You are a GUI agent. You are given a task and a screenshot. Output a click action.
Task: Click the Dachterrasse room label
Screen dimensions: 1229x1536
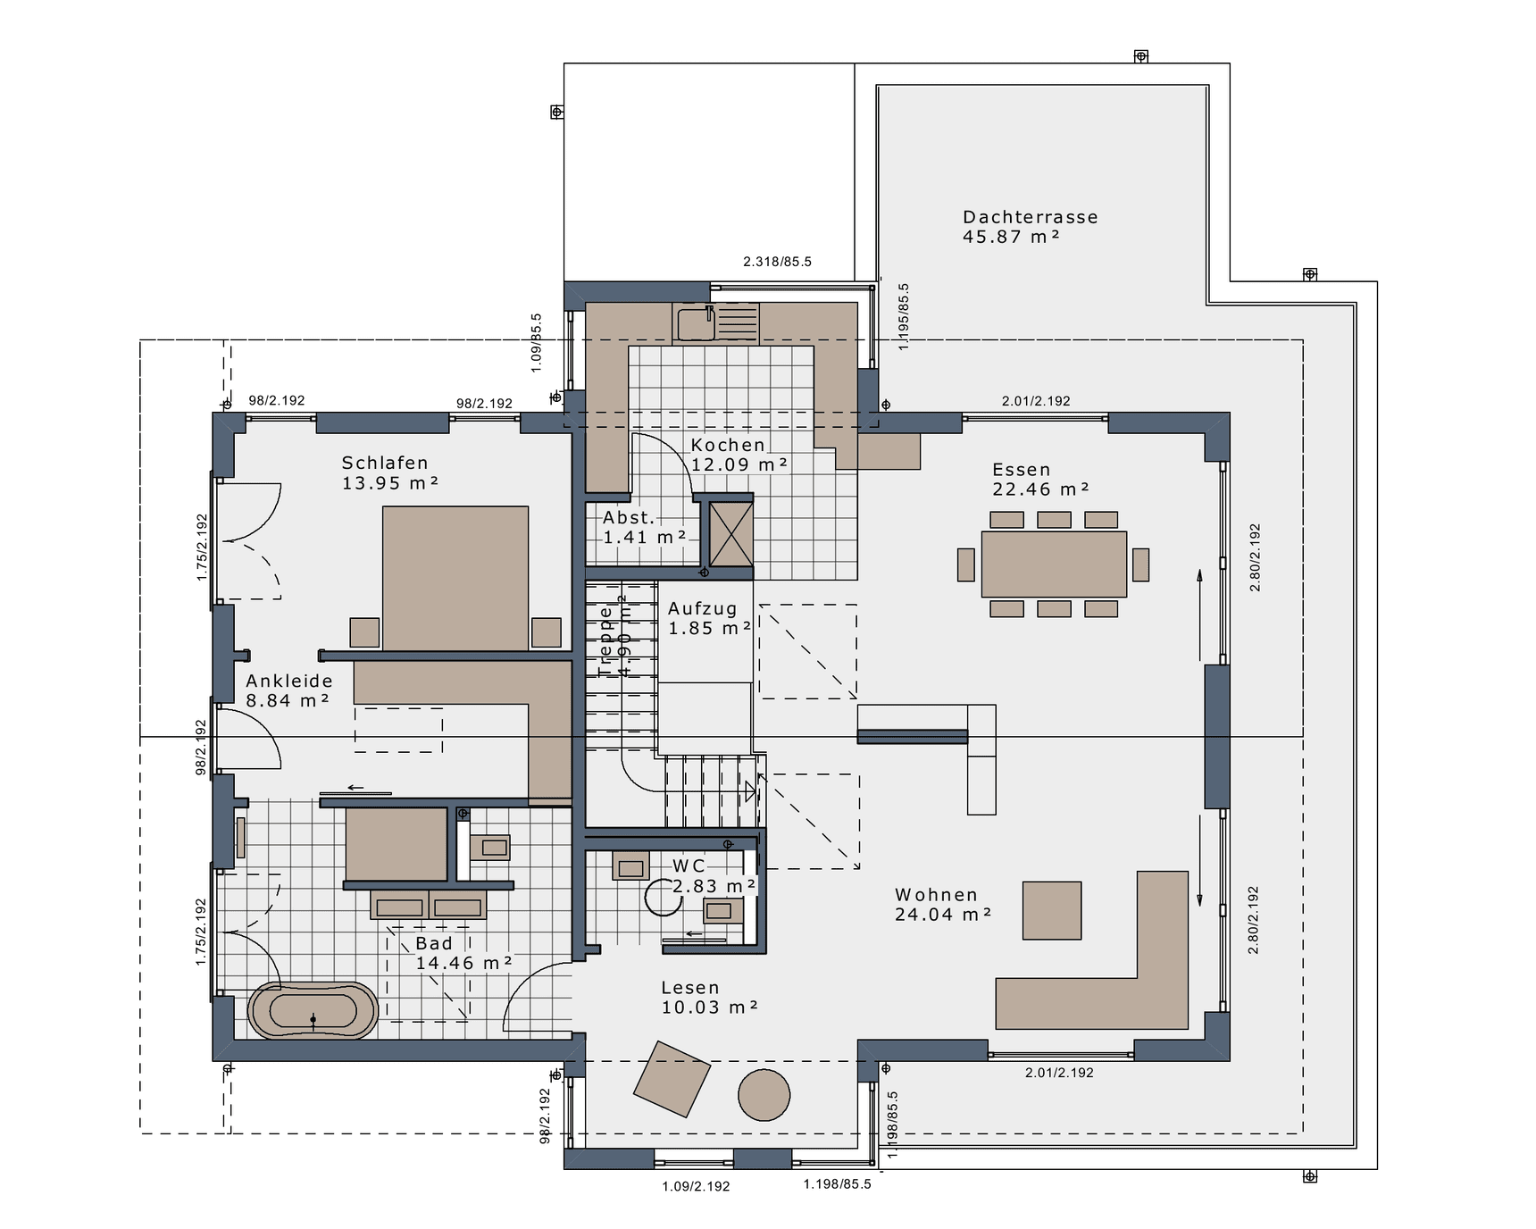(1030, 217)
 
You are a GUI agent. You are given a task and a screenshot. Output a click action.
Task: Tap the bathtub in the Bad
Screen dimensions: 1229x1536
(313, 1011)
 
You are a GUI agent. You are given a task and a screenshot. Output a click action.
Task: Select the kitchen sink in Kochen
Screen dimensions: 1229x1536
(696, 323)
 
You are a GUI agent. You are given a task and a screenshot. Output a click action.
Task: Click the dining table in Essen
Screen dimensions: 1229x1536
(1054, 564)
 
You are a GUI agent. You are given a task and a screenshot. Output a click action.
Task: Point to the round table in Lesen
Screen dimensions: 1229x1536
(764, 1094)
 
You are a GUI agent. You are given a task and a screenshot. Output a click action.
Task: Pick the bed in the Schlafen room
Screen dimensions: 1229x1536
(455, 578)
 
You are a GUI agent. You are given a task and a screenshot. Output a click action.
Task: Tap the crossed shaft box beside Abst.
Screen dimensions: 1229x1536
(731, 534)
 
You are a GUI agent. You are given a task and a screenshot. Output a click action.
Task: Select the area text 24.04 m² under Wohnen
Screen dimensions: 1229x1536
(943, 915)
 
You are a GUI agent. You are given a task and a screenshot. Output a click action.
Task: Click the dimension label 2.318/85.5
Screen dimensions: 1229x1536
(777, 262)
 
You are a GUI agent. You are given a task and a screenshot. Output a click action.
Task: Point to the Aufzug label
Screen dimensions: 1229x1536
(703, 608)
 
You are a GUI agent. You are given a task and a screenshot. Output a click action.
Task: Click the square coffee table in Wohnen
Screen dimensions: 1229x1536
(1051, 910)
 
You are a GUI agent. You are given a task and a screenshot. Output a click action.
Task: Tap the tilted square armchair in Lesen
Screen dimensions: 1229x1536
(672, 1078)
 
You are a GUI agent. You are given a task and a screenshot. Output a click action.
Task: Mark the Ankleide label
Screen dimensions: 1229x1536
(289, 681)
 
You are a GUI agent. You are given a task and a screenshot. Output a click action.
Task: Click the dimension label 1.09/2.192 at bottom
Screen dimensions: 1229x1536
(696, 1187)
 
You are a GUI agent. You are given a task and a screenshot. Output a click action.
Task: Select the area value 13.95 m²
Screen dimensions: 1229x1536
(390, 483)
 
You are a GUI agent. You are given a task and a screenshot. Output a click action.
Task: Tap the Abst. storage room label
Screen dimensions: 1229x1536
(629, 518)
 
